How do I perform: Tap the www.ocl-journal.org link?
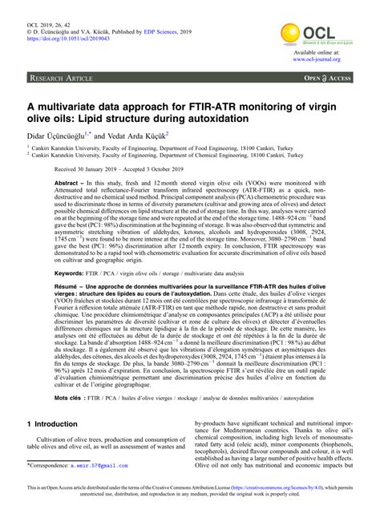(x=322, y=59)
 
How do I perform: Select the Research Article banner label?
(x=63, y=79)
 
